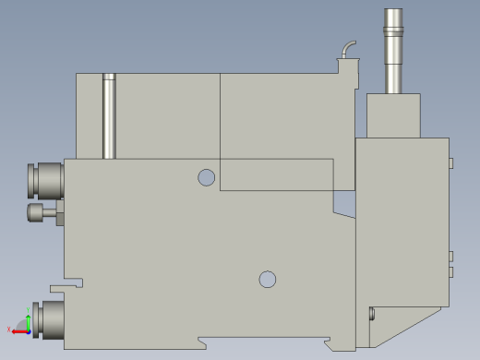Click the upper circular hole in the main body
[x=207, y=176]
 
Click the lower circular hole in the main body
[x=268, y=278]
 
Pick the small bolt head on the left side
[x=39, y=214]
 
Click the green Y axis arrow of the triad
[x=28, y=321]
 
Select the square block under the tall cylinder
[x=393, y=115]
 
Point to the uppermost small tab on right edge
[x=451, y=163]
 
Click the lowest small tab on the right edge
[x=451, y=272]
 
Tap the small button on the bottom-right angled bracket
[x=371, y=314]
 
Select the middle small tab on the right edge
[x=451, y=256]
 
